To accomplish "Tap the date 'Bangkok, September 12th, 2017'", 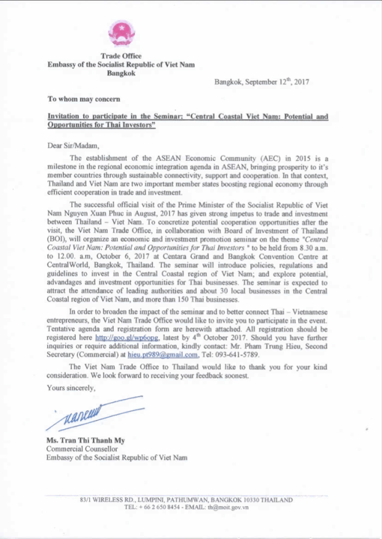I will (x=261, y=81).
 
